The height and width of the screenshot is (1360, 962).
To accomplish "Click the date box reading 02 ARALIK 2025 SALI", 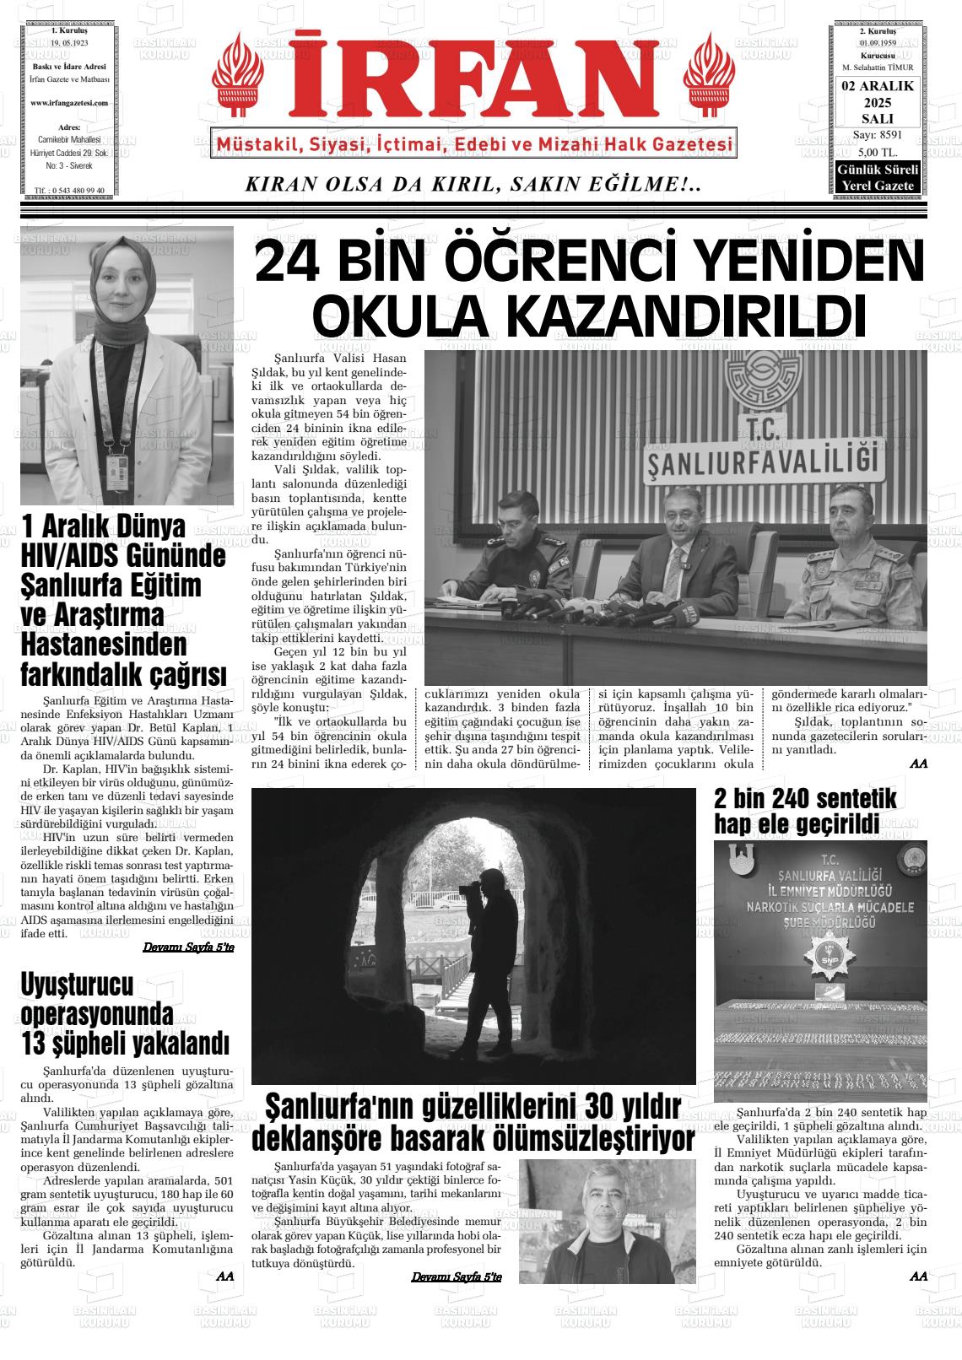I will pos(877,102).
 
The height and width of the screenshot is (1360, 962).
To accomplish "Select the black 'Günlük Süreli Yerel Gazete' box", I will pos(877,177).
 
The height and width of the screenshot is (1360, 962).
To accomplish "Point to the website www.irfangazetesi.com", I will pos(68,102).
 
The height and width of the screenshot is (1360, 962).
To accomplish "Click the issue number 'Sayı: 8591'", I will pos(877,135).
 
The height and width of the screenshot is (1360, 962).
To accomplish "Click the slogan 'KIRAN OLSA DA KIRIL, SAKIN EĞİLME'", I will pos(472,184).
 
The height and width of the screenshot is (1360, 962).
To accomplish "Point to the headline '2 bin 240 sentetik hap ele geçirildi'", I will pos(804,811).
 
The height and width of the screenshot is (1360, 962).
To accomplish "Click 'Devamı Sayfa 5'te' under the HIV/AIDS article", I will pos(188,947).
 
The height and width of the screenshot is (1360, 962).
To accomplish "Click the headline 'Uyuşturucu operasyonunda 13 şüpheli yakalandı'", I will pos(124,1013).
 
